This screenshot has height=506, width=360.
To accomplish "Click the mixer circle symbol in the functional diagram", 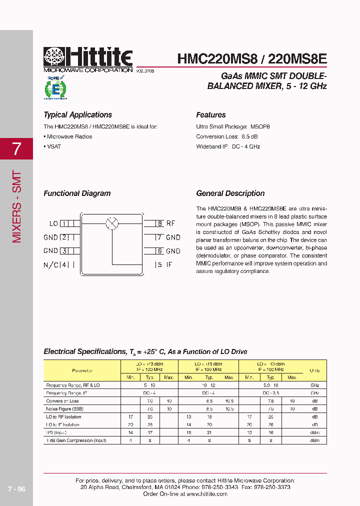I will tap(112, 223).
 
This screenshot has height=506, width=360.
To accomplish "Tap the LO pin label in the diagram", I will tap(53, 224).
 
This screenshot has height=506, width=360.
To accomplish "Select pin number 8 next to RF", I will tap(159, 224).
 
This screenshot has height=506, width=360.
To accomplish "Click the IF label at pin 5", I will tap(169, 265).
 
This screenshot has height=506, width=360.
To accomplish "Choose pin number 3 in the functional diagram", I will tap(64, 251).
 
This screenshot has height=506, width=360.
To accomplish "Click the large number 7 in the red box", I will tap(16, 148).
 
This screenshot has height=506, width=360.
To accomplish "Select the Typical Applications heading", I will tap(77, 115).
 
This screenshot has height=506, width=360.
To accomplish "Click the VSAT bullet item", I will tap(52, 146).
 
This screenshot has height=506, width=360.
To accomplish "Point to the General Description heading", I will tap(230, 193).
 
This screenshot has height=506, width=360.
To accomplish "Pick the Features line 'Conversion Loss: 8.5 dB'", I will tap(227, 136).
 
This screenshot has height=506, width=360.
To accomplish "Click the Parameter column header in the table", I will tap(82, 370).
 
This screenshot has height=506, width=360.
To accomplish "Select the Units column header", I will tap(314, 370).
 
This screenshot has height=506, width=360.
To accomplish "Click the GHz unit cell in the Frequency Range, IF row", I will tap(314, 393).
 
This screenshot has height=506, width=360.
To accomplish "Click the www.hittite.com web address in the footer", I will tap(206, 494).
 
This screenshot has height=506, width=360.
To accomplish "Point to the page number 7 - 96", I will tap(16, 489).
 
